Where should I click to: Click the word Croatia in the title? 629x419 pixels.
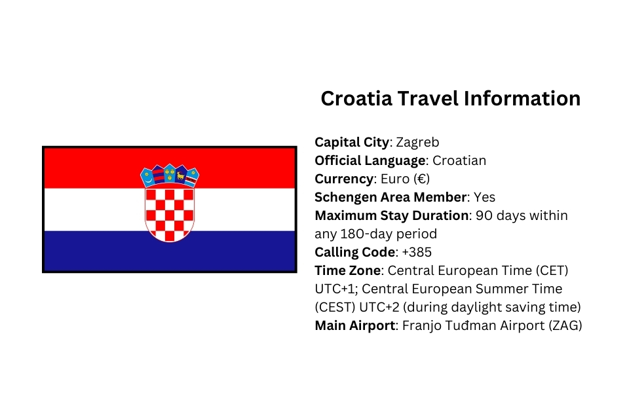(x=358, y=99)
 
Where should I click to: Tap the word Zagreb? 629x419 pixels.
(x=417, y=142)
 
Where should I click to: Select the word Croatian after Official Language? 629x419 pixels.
(x=459, y=160)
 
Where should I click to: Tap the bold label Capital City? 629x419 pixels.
(x=353, y=142)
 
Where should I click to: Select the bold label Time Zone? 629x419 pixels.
(x=348, y=270)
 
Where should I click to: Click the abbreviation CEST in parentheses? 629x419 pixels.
(x=336, y=307)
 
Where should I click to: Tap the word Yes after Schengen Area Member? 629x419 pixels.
(x=484, y=197)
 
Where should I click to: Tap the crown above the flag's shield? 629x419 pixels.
(x=170, y=175)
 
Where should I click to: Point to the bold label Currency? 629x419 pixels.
(x=343, y=179)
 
